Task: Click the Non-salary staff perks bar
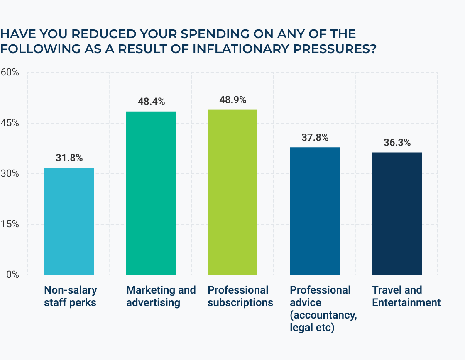(x=69, y=221)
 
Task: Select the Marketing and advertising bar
(x=151, y=193)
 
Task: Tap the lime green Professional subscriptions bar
(x=232, y=192)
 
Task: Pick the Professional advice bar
(x=315, y=211)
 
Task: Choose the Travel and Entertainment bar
(x=397, y=214)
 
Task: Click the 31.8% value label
(x=69, y=158)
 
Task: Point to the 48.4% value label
(x=151, y=102)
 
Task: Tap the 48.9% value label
(x=232, y=100)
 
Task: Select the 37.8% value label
(x=315, y=138)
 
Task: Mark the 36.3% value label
(x=397, y=143)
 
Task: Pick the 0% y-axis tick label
(x=12, y=275)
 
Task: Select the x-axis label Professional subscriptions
(x=240, y=296)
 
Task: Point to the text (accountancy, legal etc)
(x=323, y=321)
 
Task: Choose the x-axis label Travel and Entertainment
(x=406, y=296)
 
